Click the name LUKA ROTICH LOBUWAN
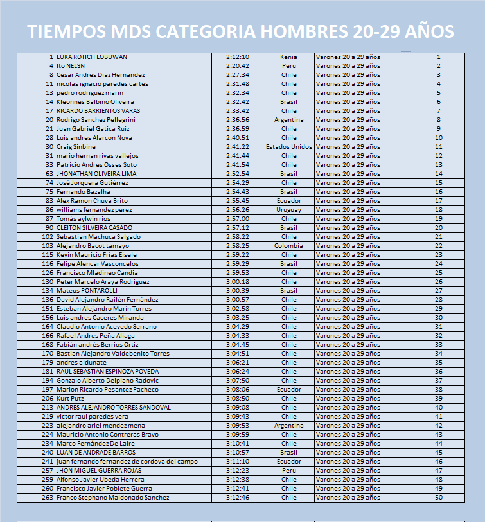92,57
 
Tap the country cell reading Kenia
289,57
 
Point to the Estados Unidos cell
289,147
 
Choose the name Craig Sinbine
76,147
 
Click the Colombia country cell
289,246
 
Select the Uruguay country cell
289,210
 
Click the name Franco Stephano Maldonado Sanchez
113,498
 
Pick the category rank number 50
439,498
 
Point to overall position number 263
47,498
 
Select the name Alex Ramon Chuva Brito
92,201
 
